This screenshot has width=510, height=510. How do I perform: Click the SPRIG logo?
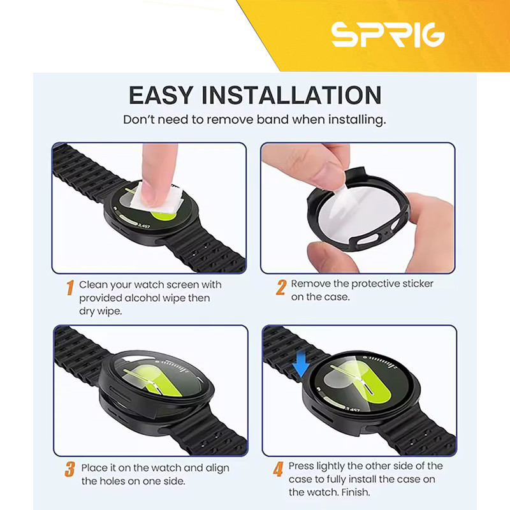pyautogui.click(x=388, y=35)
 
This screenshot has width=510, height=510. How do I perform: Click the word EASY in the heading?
pyautogui.click(x=161, y=95)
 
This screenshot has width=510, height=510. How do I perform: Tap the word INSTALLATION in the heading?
pyautogui.click(x=291, y=95)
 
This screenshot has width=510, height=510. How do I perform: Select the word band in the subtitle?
pyautogui.click(x=273, y=120)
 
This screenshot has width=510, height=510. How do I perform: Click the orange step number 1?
pyautogui.click(x=70, y=288)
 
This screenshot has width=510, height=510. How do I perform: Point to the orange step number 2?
pyautogui.click(x=281, y=288)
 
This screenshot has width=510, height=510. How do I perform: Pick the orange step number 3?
pyautogui.click(x=70, y=469)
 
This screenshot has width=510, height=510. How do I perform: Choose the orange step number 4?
pyautogui.click(x=278, y=469)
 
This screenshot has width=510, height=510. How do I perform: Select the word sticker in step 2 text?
pyautogui.click(x=418, y=284)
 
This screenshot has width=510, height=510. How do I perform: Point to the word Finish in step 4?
pyautogui.click(x=356, y=492)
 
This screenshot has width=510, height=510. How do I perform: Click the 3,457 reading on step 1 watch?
pyautogui.click(x=143, y=226)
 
